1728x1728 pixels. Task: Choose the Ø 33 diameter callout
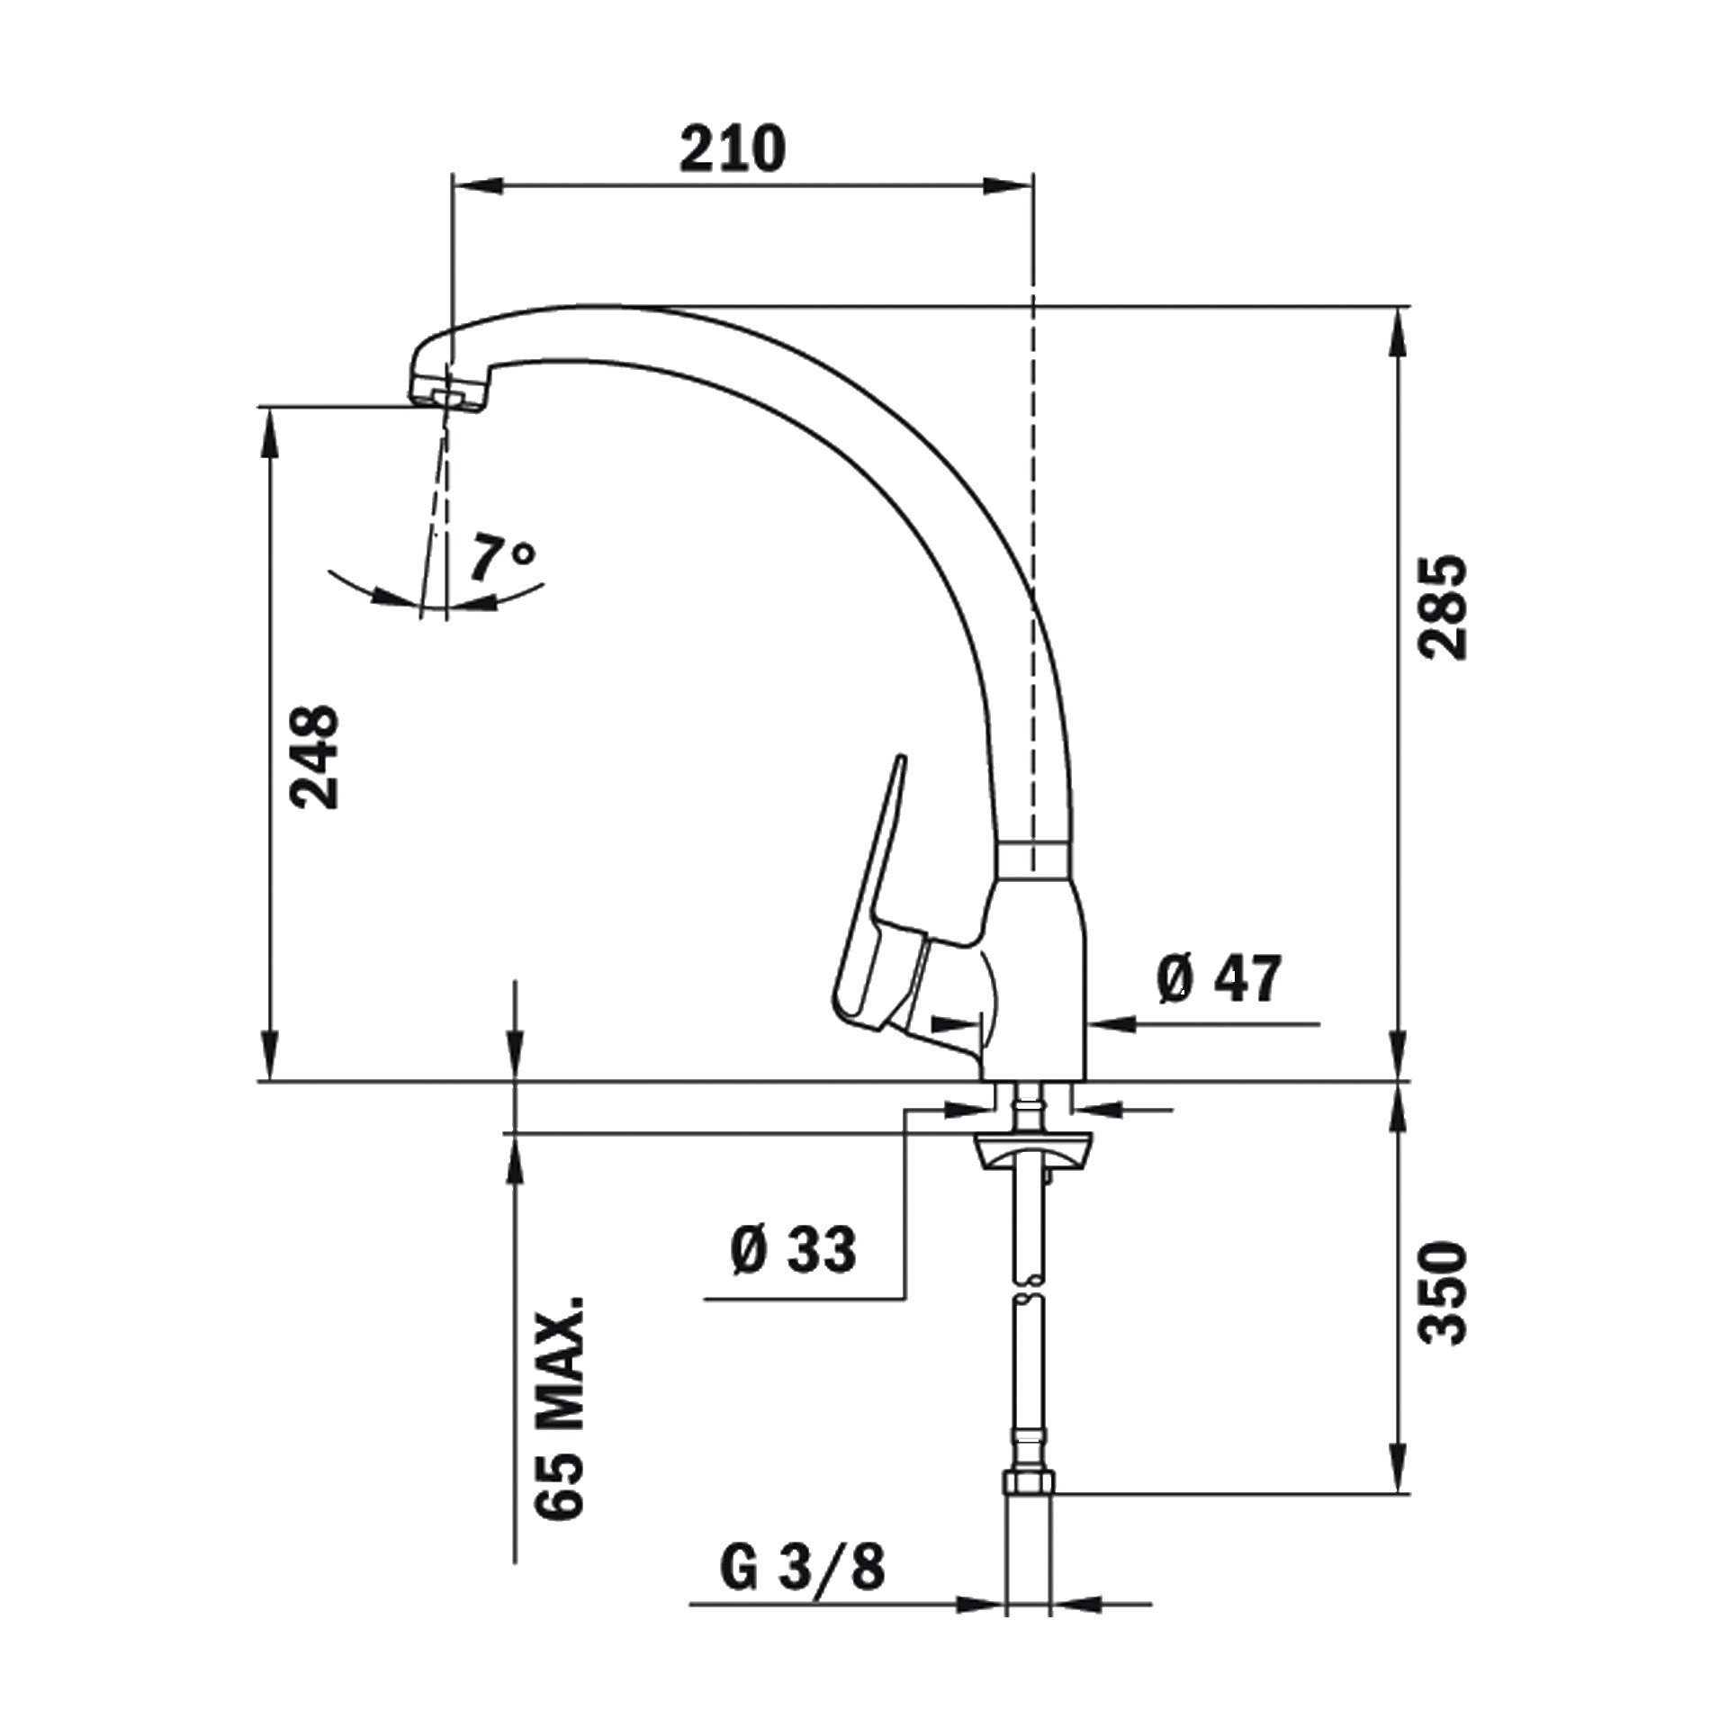[793, 1249]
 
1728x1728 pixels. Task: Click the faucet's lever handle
[886, 909]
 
